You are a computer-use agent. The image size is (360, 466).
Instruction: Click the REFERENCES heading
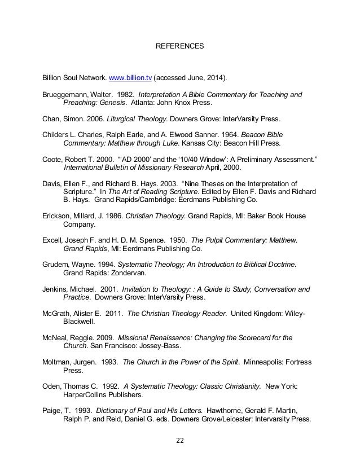tap(179, 44)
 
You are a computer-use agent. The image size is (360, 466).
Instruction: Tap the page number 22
tap(180, 441)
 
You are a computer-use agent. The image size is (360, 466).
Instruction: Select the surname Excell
tap(54, 241)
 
